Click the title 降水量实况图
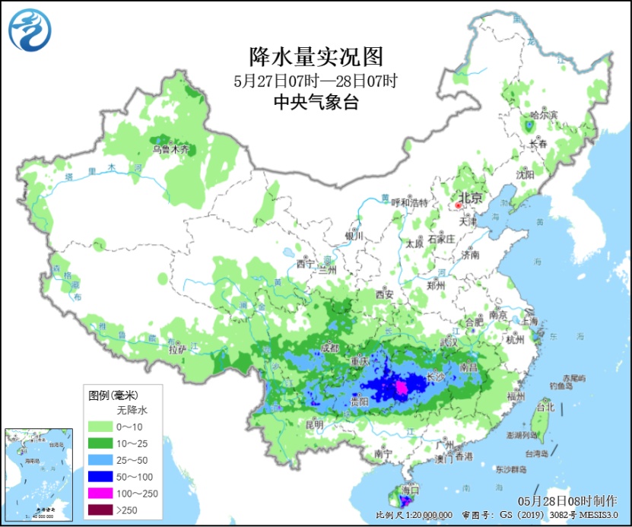316,56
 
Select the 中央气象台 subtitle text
316,103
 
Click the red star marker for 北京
459,205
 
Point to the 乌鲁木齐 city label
171,149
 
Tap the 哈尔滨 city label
543,114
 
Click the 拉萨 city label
176,350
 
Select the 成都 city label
330,347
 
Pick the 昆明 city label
313,424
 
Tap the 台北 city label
545,407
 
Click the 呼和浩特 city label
409,202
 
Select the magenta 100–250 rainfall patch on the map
399,388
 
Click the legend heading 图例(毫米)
113,395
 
